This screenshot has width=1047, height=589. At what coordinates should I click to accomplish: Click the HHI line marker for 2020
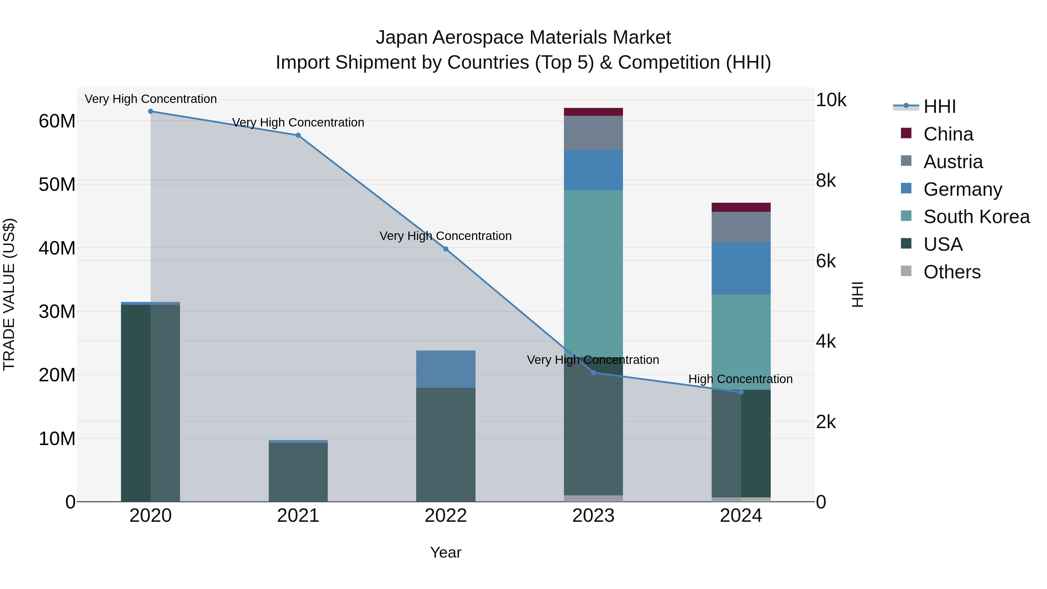pos(150,111)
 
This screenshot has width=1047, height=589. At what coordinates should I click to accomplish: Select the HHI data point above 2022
pos(446,249)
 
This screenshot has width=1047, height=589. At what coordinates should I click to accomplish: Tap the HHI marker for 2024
pos(740,392)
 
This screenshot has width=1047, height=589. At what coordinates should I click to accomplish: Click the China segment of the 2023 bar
pos(593,112)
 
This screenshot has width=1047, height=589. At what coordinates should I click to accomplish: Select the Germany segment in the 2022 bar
pos(446,369)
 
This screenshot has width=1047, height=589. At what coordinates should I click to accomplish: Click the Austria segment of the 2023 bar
pos(593,133)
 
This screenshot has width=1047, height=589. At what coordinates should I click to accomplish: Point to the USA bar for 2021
pos(298,471)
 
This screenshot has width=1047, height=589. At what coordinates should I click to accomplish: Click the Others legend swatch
pos(906,271)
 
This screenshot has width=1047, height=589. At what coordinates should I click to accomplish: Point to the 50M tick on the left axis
pos(57,184)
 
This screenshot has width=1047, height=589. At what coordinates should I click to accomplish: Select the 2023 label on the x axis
pos(593,516)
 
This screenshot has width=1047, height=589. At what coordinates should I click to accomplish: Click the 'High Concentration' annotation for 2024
pos(740,379)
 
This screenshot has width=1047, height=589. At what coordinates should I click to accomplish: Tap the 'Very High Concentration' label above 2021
pos(298,122)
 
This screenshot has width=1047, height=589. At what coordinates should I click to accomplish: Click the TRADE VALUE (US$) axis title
pos(9,294)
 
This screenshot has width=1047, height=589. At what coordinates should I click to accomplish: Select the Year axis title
pos(446,552)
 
